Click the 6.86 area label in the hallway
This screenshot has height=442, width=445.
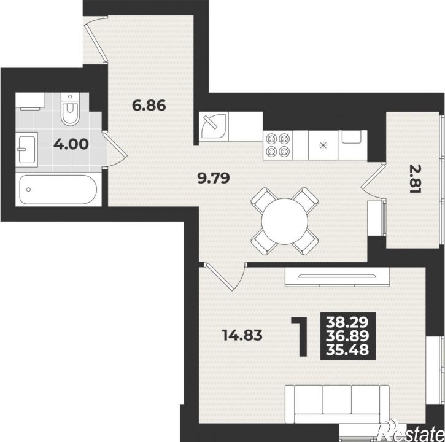pos(149,106)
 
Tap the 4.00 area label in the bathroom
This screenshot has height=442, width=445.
pos(71,144)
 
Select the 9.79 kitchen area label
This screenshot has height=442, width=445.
pos(214,178)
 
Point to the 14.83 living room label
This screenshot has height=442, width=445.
pos(242,335)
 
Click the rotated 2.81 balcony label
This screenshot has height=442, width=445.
pos(415,179)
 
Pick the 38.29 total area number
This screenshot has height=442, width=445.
pos(347,322)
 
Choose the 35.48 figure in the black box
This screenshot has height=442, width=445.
pos(347,350)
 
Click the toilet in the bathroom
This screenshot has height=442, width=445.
pos(70,109)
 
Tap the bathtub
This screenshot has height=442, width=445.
pos(58,189)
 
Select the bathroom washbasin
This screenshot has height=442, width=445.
pos(26,149)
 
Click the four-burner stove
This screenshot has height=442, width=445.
pos(277,145)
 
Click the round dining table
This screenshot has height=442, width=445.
pos(285,221)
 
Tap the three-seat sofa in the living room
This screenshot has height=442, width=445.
pos(337,404)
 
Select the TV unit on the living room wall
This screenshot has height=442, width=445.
pos(337,276)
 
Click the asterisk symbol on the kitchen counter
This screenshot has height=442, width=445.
pos(323,145)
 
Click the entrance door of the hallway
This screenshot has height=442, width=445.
pos(96,40)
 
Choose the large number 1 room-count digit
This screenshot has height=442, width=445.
pos(300,336)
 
